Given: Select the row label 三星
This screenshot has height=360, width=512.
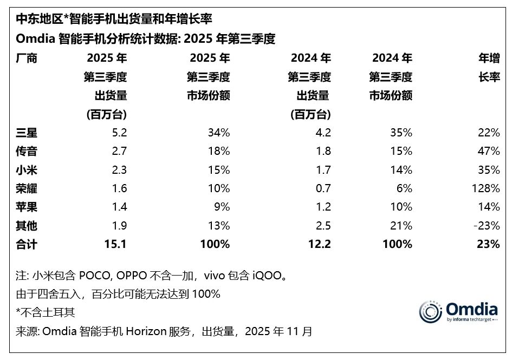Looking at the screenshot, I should point(27,132).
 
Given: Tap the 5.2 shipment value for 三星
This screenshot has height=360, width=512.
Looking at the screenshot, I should point(119,132).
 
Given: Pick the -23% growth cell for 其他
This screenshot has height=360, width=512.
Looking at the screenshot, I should point(487,226).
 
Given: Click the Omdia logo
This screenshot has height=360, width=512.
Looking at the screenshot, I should point(458,311).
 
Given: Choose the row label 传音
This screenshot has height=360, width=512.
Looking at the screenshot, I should point(27,151).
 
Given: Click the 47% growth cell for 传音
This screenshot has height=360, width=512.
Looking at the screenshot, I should point(489,151).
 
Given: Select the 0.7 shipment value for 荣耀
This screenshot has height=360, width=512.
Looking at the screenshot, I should point(323,188).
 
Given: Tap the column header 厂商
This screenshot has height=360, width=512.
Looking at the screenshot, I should point(27,58).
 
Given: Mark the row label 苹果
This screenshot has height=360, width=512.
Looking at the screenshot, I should point(27,207).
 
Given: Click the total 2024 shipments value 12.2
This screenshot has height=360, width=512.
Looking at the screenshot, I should point(320,245).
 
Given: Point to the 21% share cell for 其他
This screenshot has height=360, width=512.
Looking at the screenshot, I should point(401,226).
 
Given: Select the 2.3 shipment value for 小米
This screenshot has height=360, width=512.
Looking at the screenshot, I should point(119,169).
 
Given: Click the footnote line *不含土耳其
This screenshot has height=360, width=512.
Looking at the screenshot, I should point(46,312).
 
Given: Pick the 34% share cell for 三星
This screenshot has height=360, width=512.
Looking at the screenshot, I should point(219,132).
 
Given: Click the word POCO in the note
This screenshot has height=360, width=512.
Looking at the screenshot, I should point(94,276).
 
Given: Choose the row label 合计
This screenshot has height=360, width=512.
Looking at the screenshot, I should point(27,245).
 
